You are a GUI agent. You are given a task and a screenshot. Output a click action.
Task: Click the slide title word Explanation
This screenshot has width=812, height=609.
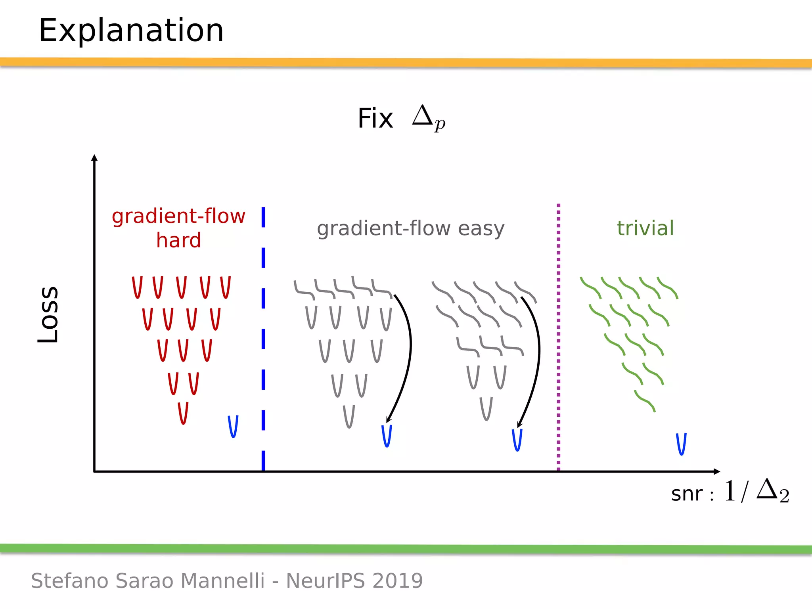coord(131,31)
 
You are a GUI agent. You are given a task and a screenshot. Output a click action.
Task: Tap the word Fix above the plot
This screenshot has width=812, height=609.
coord(375,119)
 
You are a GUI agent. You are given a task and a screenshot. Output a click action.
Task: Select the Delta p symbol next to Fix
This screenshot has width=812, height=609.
coord(428,117)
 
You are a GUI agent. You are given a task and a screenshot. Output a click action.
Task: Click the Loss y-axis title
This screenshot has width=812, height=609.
coord(48,314)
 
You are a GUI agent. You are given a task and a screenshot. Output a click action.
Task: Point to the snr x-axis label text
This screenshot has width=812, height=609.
coord(687,494)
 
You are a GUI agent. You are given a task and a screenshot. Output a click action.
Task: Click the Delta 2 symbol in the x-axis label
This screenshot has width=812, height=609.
coord(772,491)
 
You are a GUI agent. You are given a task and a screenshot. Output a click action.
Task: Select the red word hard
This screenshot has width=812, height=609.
coord(178,241)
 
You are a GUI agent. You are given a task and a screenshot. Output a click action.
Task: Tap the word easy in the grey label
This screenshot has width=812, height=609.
coord(481,228)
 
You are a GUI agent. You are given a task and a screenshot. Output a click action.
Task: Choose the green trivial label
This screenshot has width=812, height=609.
coord(645,228)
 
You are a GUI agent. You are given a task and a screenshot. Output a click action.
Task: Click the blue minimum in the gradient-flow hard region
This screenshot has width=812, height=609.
coord(233,427)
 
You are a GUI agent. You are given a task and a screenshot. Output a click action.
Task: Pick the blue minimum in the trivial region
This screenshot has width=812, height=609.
coord(681,444)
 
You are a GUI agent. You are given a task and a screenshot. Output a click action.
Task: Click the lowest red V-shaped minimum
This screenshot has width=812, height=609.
coord(183,414)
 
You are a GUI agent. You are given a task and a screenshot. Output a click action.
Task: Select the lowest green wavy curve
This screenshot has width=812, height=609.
coord(645,401)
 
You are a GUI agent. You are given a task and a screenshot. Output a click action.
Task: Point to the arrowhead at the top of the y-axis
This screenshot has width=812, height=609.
coord(94,158)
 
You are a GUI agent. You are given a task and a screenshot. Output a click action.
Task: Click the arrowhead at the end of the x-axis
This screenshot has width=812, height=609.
coord(716,471)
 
